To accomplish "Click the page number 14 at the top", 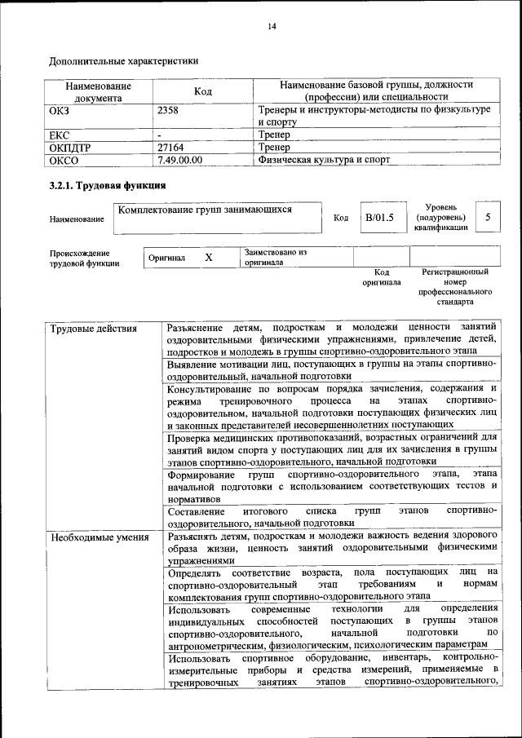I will pyautogui.click(x=272, y=27).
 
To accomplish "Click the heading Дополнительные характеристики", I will pyautogui.click(x=123, y=60).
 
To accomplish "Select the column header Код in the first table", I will pyautogui.click(x=203, y=91).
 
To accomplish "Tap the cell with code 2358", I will pyautogui.click(x=168, y=109).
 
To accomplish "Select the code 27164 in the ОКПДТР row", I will pyautogui.click(x=171, y=147).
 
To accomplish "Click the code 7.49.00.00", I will pyautogui.click(x=179, y=160).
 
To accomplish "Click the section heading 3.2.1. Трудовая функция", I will pyautogui.click(x=108, y=185).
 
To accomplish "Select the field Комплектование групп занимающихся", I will pyautogui.click(x=205, y=210).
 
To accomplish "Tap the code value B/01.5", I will pyautogui.click(x=379, y=218).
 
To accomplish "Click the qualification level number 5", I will pyautogui.click(x=488, y=217).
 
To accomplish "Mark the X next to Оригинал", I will pyautogui.click(x=208, y=258).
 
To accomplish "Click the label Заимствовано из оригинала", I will pyautogui.click(x=275, y=258).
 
